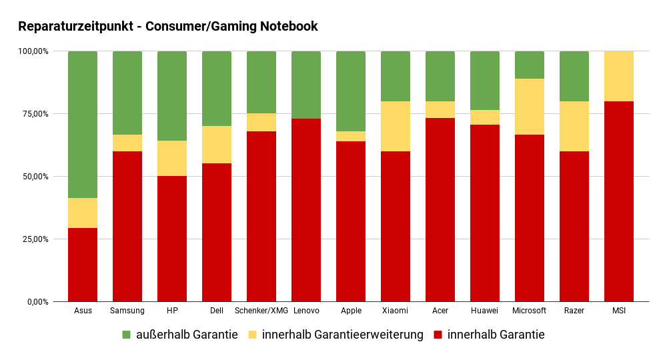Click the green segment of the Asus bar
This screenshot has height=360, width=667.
(x=83, y=125)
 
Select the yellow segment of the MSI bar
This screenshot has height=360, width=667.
(x=619, y=76)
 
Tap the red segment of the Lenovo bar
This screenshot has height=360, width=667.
(x=306, y=210)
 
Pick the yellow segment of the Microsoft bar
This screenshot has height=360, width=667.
(x=530, y=107)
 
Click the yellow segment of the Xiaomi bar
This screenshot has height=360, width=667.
(x=396, y=126)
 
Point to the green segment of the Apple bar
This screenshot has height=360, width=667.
(x=351, y=91)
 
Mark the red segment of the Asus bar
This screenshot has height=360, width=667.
(x=83, y=265)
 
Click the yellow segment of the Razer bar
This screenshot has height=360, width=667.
(x=574, y=126)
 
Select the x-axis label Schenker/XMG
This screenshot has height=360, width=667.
(x=261, y=311)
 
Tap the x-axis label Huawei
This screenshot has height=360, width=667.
(x=485, y=311)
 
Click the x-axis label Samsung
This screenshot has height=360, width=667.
(x=127, y=311)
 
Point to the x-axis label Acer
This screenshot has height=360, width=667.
(x=440, y=311)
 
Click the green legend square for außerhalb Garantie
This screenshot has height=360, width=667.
(x=127, y=335)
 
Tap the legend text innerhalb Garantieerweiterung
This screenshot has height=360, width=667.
(x=343, y=335)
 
